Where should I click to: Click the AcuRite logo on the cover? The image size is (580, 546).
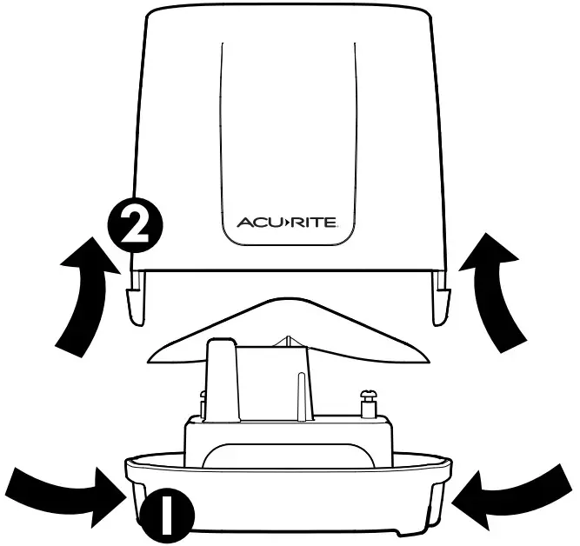pyautogui.click(x=293, y=222)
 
